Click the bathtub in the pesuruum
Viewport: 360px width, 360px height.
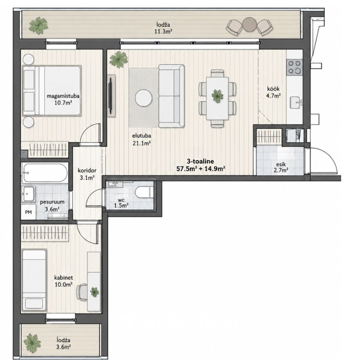[x=45, y=173]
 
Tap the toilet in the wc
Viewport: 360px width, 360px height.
[x=144, y=192]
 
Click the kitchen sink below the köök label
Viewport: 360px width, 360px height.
[x=296, y=103]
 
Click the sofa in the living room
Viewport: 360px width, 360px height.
[x=171, y=96]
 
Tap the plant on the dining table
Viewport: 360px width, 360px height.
[x=217, y=96]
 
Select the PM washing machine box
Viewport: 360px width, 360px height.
[x=29, y=212]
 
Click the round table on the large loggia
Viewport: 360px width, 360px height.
[x=249, y=24]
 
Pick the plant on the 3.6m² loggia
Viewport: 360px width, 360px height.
[x=32, y=341]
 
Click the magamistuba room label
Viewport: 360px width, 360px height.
[x=63, y=96]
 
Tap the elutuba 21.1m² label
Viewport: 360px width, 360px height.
[x=142, y=139]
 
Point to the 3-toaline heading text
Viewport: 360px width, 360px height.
[x=200, y=161]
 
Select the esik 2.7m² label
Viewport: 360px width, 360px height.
[x=281, y=167]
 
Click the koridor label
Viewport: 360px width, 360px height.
[x=87, y=171]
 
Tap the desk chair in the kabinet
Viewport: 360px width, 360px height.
[x=82, y=292]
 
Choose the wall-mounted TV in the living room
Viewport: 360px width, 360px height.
[x=111, y=95]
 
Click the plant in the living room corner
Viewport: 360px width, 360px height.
[x=118, y=59]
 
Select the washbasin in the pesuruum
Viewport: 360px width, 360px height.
[x=29, y=194]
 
